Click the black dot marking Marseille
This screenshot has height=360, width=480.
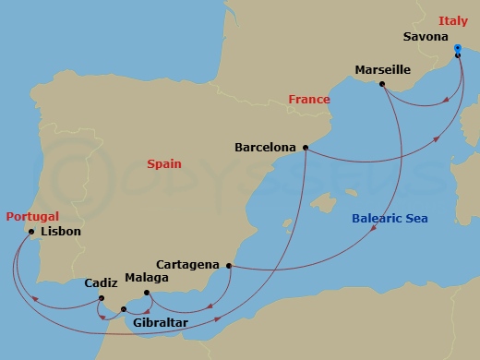382,84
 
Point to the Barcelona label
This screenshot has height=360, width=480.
265,147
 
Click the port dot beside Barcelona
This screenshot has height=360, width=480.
305,147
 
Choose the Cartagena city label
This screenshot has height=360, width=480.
187,264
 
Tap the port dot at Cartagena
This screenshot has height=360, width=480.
227,266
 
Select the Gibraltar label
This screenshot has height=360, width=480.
161,323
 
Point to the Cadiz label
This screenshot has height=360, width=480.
101,283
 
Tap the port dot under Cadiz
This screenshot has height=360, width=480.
101,298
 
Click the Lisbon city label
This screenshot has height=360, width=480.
60,232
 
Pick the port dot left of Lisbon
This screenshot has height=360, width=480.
31,232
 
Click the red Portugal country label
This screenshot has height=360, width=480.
32,216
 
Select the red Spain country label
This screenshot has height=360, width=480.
164,164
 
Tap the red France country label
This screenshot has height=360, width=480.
309,100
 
